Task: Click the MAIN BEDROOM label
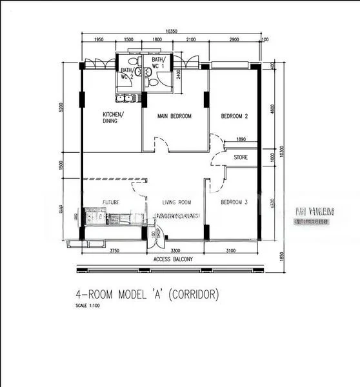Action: [175, 117]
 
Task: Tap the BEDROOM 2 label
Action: [234, 117]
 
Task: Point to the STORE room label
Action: [241, 157]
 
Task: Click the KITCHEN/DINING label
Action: [113, 117]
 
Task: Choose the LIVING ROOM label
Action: [177, 202]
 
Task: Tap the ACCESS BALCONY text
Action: [175, 259]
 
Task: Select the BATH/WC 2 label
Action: [126, 73]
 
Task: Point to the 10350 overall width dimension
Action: [171, 31]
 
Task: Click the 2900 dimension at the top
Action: [234, 40]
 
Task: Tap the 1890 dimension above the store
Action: [241, 139]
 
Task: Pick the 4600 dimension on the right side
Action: [274, 109]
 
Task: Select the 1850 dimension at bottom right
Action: [281, 257]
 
